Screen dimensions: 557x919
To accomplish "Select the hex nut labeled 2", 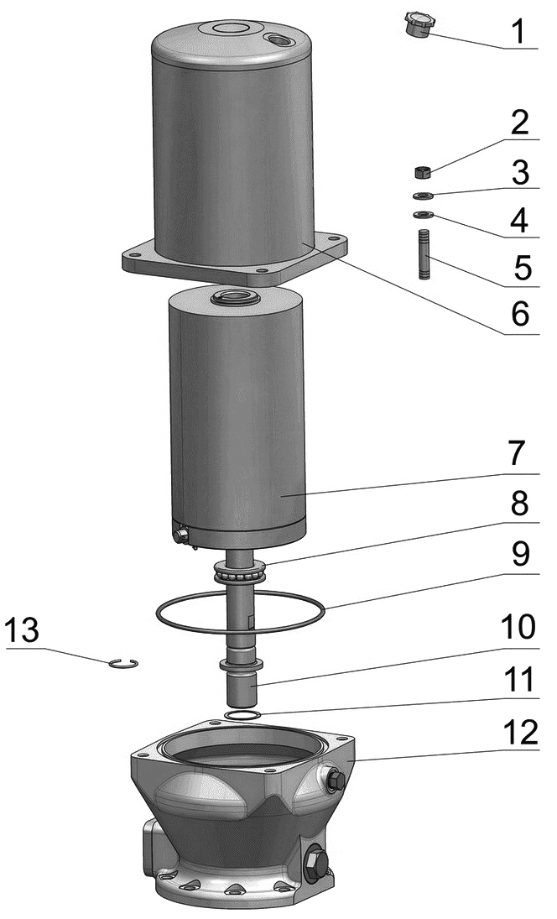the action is pos(423,172).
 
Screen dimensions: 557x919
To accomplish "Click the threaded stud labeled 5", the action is pos(424,255).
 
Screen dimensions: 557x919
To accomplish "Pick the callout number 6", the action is pos(520,314).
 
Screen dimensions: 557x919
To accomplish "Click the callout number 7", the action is pos(519,454).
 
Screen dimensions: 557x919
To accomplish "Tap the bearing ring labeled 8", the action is pos(242,571).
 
